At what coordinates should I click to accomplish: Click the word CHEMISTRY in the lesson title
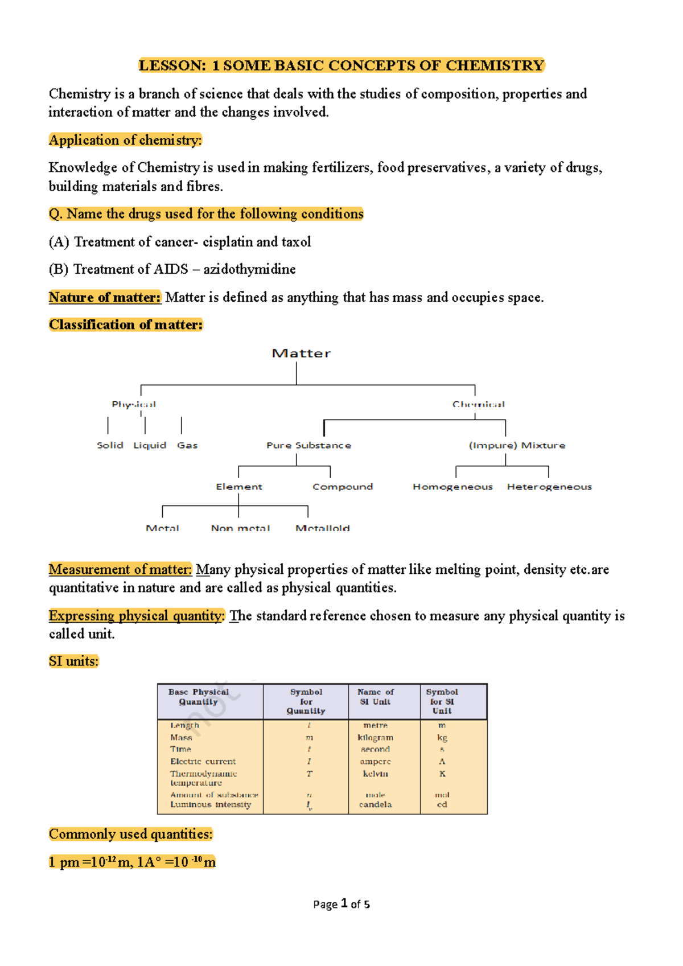coord(495,65)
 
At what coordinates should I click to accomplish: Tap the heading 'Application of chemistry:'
coord(125,140)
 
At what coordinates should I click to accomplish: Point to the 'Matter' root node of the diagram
coord(301,353)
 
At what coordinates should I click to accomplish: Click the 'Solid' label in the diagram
coord(110,445)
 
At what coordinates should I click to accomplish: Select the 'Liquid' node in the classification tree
coord(150,445)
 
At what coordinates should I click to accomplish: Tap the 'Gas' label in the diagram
coord(187,445)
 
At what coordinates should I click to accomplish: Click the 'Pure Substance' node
coord(308,445)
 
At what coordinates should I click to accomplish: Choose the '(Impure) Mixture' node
coord(517,445)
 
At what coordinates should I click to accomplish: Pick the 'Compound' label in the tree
coord(343,487)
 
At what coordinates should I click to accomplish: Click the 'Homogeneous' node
coord(452,487)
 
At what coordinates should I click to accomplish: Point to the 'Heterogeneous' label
coord(549,487)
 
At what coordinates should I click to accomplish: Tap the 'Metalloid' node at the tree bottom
coord(323,528)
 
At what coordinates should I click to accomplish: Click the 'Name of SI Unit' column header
coord(376,697)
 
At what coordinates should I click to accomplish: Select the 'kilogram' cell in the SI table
coord(375,737)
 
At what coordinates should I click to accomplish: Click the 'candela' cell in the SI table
coord(375,804)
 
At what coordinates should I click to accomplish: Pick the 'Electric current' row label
coord(203,761)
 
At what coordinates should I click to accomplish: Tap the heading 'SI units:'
coord(73,661)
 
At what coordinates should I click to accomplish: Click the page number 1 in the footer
coord(344,903)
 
